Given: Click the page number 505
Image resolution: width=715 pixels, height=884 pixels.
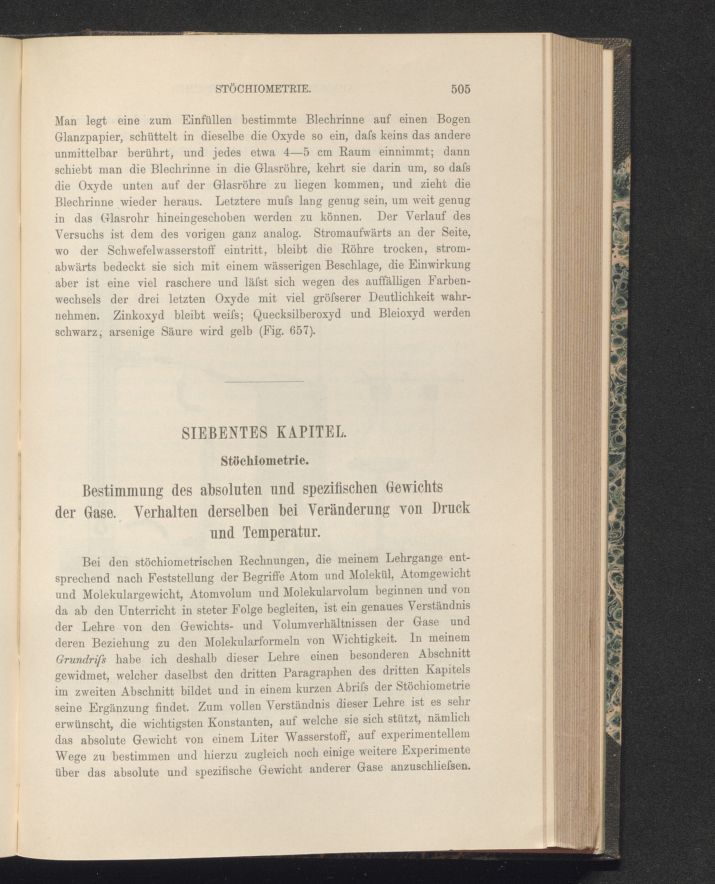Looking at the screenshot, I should [460, 90].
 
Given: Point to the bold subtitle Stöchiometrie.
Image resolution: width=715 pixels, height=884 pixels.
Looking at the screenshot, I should [265, 461].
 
